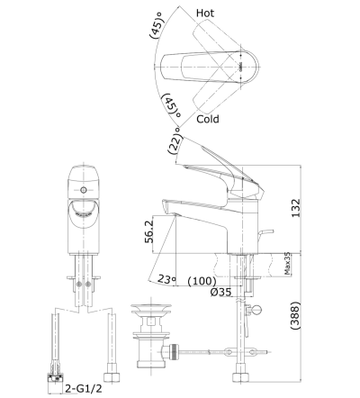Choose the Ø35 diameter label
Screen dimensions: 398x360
point(221,293)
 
